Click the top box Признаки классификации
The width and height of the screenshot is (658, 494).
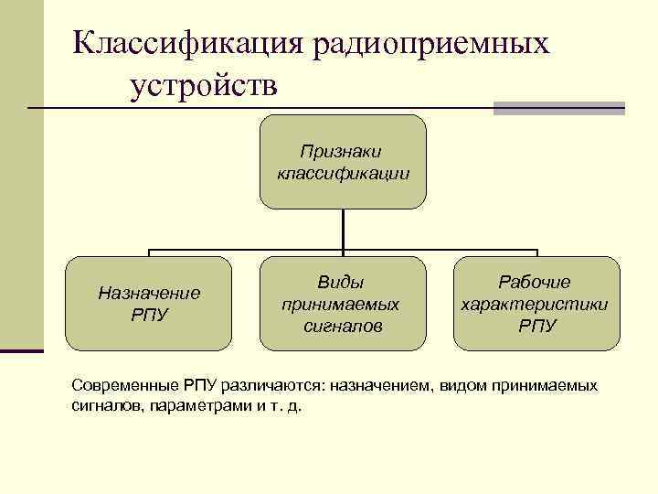click(343, 161)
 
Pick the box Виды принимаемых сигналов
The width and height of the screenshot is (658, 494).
click(343, 304)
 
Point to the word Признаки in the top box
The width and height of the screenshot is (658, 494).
click(343, 150)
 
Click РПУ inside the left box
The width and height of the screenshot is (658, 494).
click(149, 315)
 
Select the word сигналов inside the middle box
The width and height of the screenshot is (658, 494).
click(343, 326)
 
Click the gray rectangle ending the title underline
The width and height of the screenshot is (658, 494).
click(558, 108)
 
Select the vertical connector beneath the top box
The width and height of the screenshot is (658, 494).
click(343, 229)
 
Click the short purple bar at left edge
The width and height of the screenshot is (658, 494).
click(21, 349)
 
